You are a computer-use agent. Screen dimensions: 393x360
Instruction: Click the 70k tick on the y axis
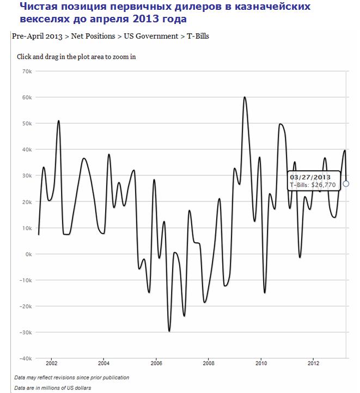tap(26, 71)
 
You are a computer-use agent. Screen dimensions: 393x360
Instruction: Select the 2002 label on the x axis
tap(52, 363)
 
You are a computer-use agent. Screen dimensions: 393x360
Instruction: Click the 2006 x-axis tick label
tap(156, 363)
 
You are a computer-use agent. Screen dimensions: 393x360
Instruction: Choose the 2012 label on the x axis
tap(314, 363)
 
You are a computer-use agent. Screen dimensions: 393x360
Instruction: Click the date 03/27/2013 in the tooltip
tap(310, 177)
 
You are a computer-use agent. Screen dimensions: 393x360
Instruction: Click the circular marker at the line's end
tap(346, 184)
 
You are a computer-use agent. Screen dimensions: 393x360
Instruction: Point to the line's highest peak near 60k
tap(245, 97)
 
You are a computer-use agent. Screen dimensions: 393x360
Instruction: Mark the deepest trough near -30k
tap(169, 330)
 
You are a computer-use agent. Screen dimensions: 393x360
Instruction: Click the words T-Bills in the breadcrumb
tap(198, 36)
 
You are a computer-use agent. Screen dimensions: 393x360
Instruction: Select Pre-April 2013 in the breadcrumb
tap(36, 36)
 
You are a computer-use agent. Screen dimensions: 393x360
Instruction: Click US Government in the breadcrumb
tap(152, 36)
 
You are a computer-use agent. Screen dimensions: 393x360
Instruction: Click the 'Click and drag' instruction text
tap(76, 57)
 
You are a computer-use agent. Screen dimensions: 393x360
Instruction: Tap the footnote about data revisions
tap(71, 377)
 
